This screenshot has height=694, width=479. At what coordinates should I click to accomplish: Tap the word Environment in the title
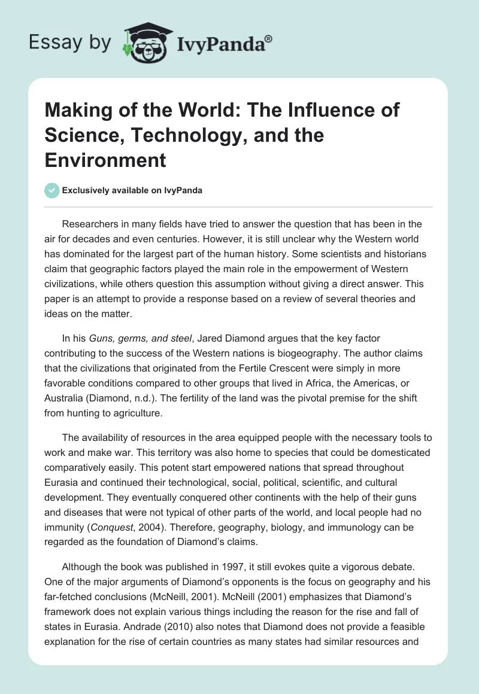point(105,160)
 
